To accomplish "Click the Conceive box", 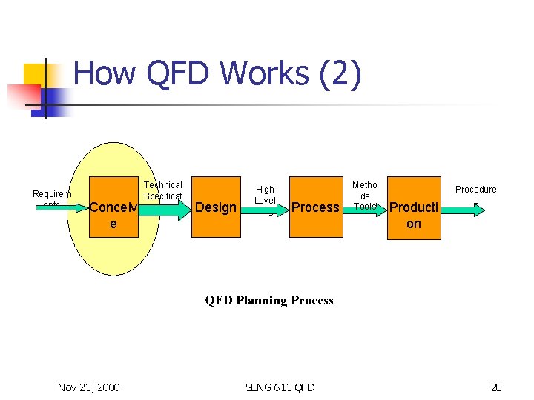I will (113, 207).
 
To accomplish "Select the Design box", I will (215, 207).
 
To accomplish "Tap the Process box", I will (315, 207).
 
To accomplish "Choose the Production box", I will (414, 207).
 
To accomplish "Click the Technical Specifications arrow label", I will (162, 190).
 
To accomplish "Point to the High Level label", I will (265, 196).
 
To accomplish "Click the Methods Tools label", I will (365, 196).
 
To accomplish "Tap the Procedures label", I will (475, 195).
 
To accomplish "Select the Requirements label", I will (52, 199).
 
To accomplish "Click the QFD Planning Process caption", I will (269, 300).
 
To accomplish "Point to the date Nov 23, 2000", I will (88, 387).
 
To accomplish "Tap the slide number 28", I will (496, 387).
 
